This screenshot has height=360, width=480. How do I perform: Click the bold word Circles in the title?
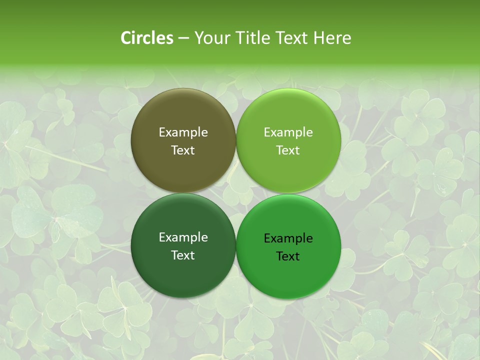pyautogui.click(x=146, y=38)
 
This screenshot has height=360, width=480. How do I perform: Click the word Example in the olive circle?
pyautogui.click(x=183, y=132)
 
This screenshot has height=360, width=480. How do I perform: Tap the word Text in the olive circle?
pyautogui.click(x=183, y=150)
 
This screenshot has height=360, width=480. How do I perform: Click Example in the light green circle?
pyautogui.click(x=288, y=132)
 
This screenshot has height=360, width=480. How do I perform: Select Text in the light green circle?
pyautogui.click(x=288, y=150)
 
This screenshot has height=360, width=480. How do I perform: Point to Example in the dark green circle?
pyautogui.click(x=183, y=237)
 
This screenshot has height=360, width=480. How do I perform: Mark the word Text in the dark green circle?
pyautogui.click(x=183, y=255)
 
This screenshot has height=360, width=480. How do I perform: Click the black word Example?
pyautogui.click(x=288, y=238)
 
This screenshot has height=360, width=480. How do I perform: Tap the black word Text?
pyautogui.click(x=288, y=256)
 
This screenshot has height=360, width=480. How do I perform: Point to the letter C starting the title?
pyautogui.click(x=126, y=38)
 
